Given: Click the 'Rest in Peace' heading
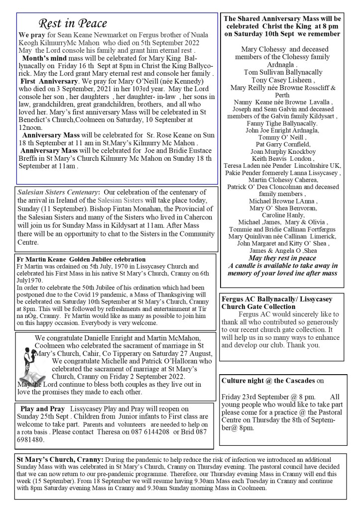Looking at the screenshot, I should tap(73, 24).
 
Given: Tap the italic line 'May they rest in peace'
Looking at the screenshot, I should tap(282, 259).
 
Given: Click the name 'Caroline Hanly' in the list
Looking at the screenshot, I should tap(282, 214).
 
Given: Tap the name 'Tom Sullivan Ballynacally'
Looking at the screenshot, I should tap(283, 72).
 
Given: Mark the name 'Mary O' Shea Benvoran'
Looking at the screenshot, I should tap(282, 207).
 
